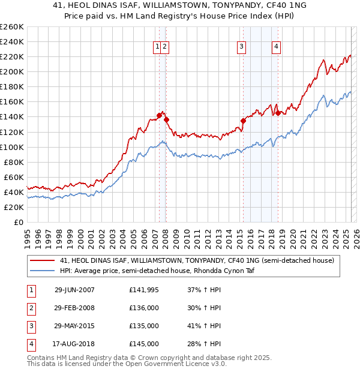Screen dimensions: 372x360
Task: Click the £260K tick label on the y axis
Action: [12, 27]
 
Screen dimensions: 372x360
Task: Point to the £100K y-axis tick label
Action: [12, 147]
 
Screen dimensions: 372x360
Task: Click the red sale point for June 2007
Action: [160, 115]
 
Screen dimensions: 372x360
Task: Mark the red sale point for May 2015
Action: [244, 121]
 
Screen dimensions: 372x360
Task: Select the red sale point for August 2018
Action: [278, 113]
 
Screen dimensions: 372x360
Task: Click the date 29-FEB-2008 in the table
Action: [74, 308]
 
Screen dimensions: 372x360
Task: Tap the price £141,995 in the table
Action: [144, 290]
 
